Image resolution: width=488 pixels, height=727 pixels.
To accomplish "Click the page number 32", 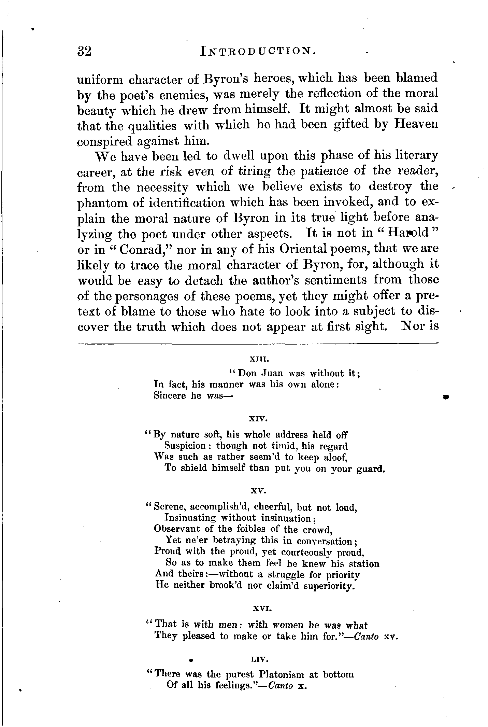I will (84, 52).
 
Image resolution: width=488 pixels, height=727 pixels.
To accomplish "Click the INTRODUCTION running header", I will (259, 52).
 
